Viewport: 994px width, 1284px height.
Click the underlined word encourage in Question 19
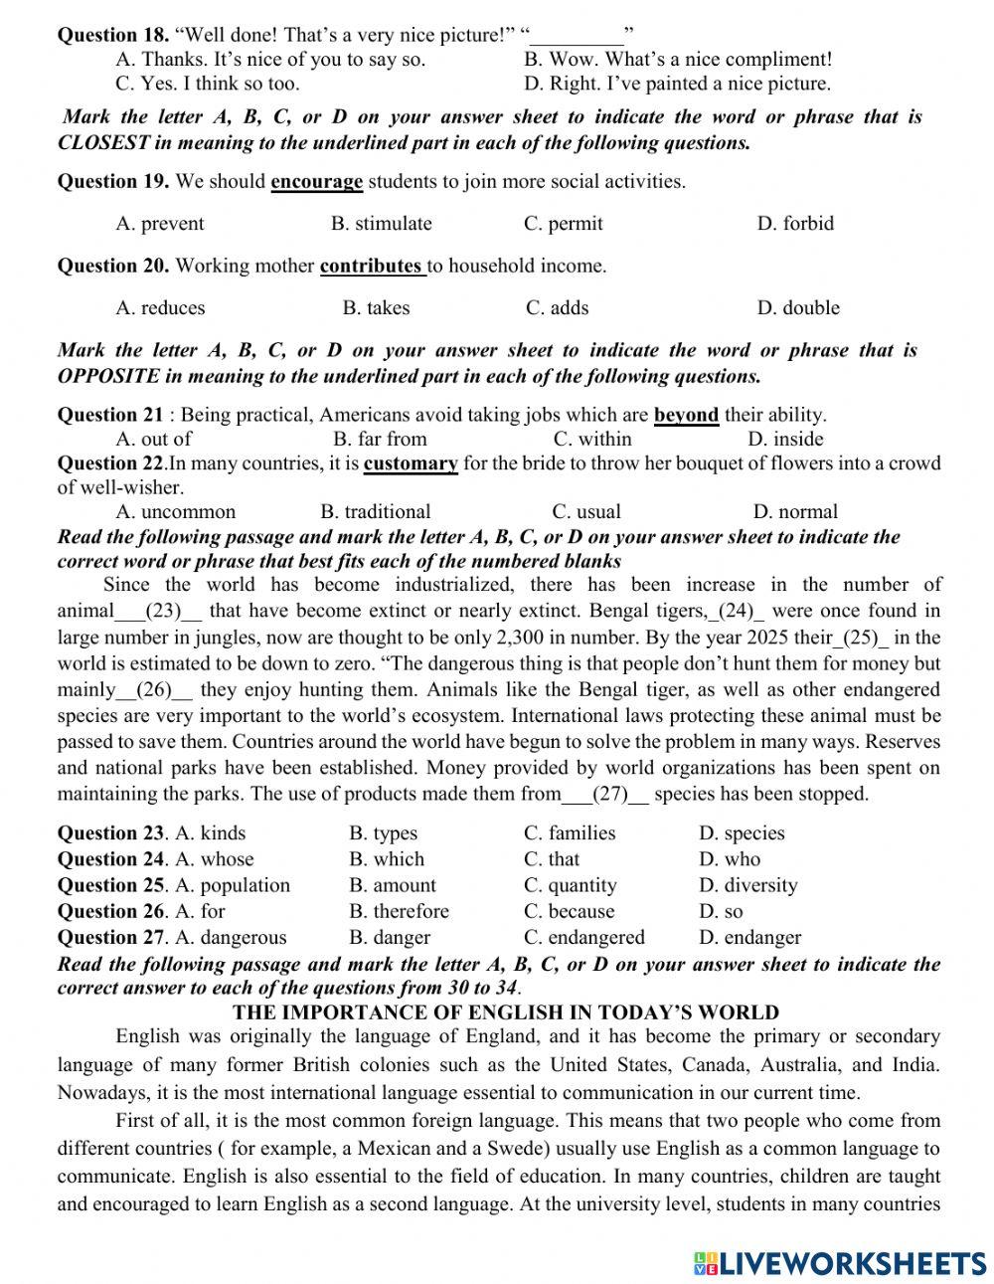coord(316,182)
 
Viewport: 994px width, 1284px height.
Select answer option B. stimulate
coord(381,224)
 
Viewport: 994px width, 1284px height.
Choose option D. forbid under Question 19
coord(794,224)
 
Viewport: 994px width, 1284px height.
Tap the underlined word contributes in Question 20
coord(371,267)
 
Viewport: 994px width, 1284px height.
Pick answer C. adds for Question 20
coord(557,308)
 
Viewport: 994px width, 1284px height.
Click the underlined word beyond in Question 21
coord(686,416)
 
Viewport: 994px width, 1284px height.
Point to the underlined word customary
coord(411,463)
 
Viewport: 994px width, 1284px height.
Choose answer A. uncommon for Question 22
coord(176,512)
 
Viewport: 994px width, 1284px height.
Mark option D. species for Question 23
coord(742,833)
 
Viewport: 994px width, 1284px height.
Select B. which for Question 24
coord(387,859)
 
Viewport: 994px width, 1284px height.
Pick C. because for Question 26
coord(569,911)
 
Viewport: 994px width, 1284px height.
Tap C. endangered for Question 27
coord(583,937)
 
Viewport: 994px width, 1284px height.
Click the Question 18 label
coord(113,36)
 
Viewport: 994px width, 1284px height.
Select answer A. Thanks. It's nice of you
coord(270,60)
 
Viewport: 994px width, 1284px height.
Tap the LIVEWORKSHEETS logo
coord(841,1262)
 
